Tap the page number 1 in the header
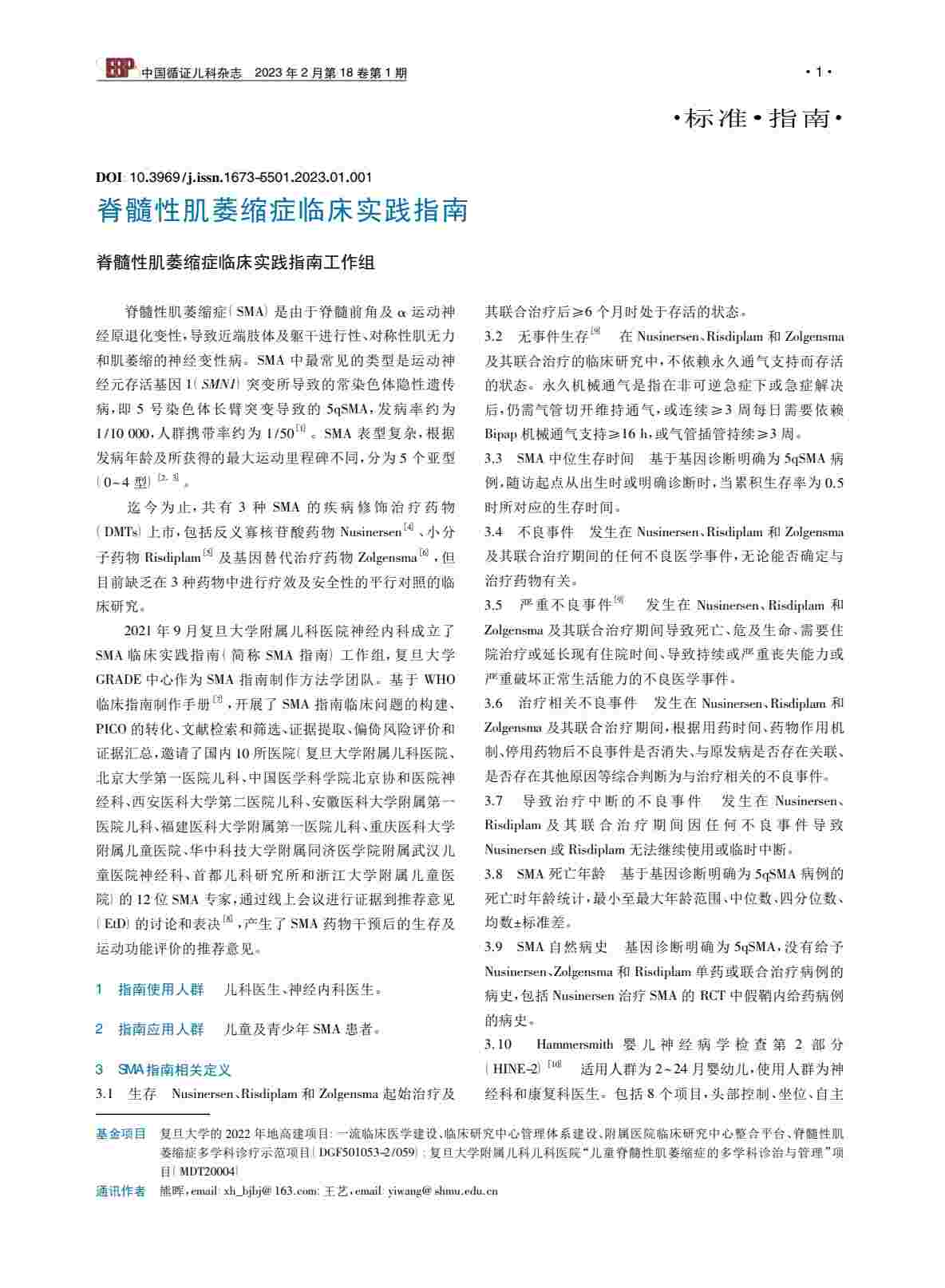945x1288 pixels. tap(818, 73)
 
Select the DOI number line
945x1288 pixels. tap(234, 177)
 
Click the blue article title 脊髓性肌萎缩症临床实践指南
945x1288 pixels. tap(282, 211)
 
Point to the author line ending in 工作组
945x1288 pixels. tap(235, 263)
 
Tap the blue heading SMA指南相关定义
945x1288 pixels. tap(174, 1070)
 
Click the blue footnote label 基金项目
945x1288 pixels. tap(121, 1133)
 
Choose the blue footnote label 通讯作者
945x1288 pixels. tap(121, 1191)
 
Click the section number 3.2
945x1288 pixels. tap(493, 337)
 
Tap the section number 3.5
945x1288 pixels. tap(493, 606)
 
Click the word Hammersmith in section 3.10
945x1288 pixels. tap(575, 1045)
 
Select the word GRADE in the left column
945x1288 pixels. tap(118, 680)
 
